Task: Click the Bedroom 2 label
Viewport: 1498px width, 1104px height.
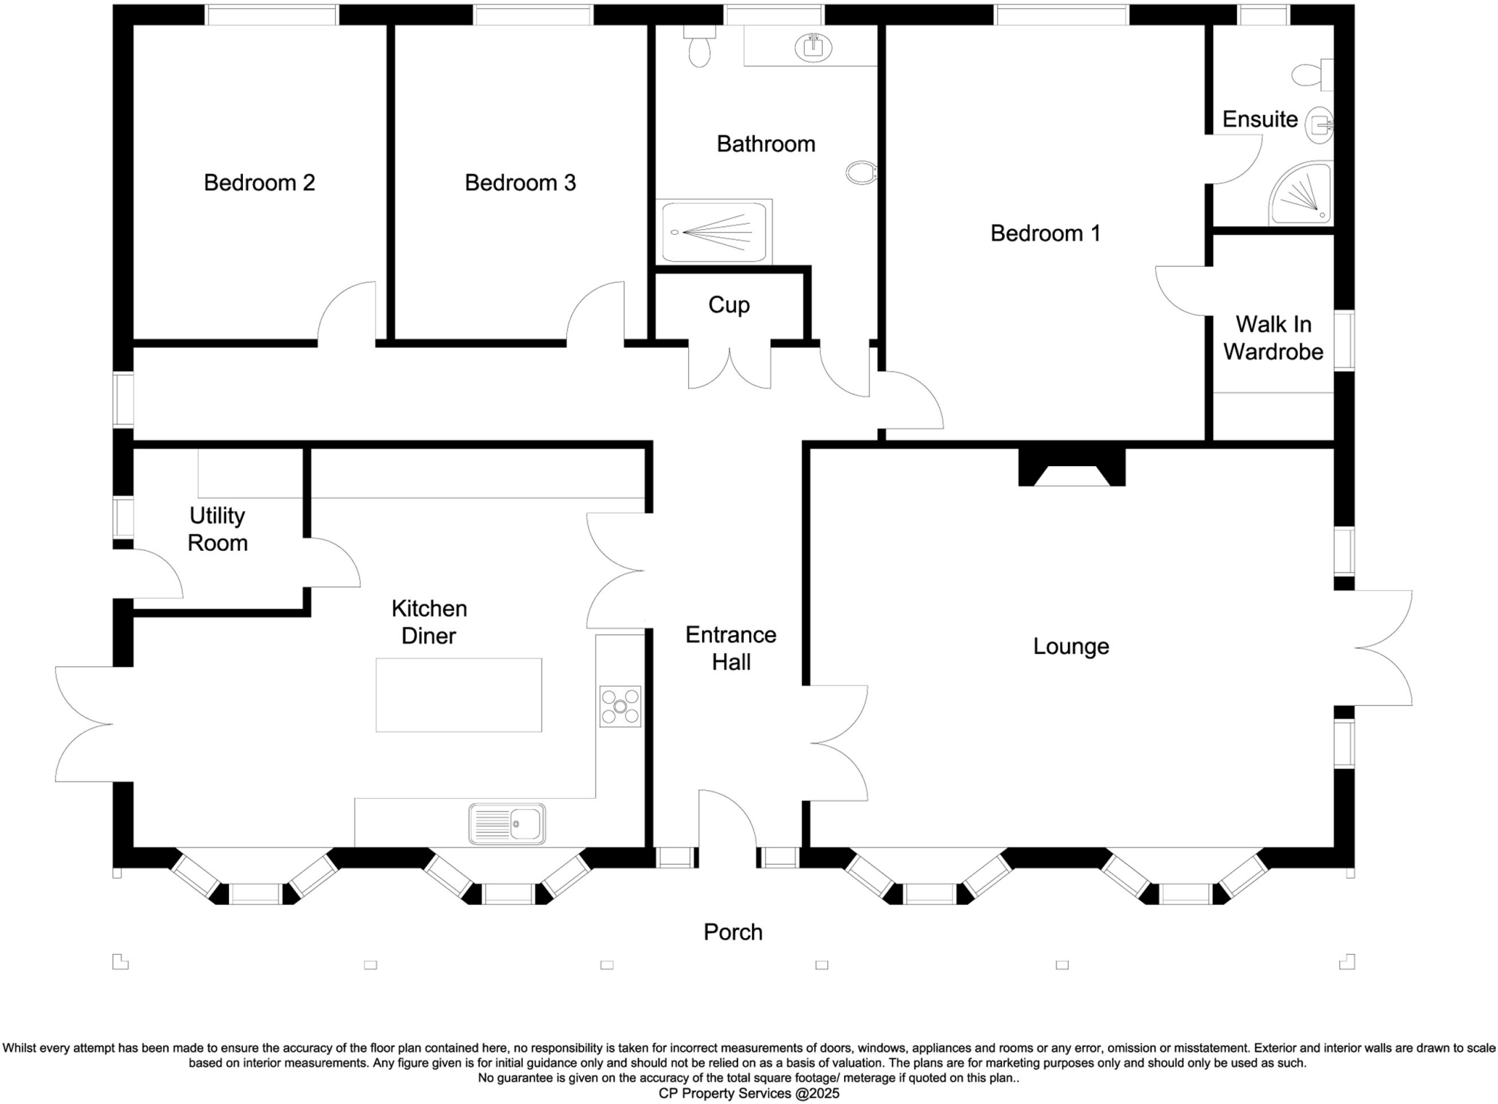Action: click(x=259, y=182)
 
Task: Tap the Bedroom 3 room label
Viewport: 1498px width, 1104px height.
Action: click(x=520, y=182)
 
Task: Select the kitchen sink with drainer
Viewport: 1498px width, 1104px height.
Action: click(x=507, y=824)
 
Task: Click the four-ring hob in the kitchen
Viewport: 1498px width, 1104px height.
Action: click(x=620, y=706)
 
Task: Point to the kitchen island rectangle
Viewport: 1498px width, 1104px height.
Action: click(x=459, y=694)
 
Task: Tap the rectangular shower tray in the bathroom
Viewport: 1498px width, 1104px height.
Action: click(x=714, y=233)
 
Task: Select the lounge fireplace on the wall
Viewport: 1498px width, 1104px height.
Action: click(x=1072, y=468)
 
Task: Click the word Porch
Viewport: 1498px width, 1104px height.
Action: click(x=733, y=932)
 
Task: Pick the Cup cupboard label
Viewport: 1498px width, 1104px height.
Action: click(x=729, y=305)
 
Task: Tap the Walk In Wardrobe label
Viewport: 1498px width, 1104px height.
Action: click(x=1273, y=338)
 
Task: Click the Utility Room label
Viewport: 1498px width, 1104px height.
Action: click(x=217, y=529)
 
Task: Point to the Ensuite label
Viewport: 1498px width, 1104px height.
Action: click(x=1260, y=119)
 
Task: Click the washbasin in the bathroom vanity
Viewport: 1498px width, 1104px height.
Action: click(x=813, y=48)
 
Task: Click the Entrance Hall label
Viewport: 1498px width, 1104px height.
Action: click(x=731, y=648)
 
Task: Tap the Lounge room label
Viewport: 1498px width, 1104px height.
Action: click(x=1071, y=646)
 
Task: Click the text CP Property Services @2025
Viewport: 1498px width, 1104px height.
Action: click(x=749, y=1094)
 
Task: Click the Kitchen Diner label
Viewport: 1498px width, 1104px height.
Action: click(x=429, y=622)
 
